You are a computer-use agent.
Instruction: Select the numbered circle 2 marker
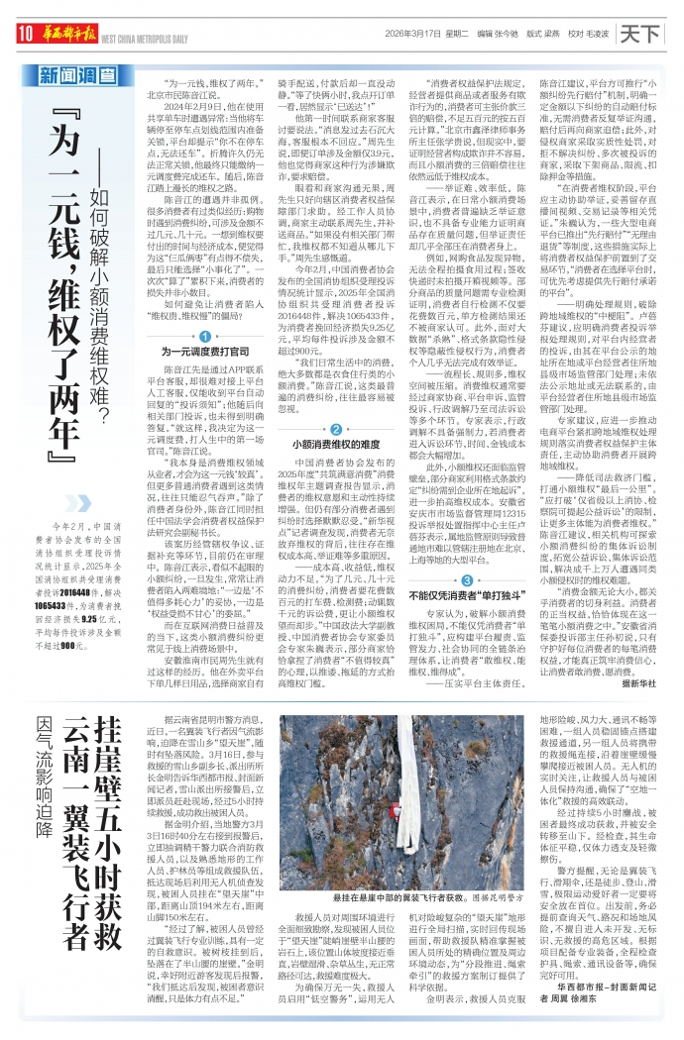tap(336, 429)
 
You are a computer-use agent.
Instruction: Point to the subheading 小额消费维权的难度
tap(336, 445)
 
